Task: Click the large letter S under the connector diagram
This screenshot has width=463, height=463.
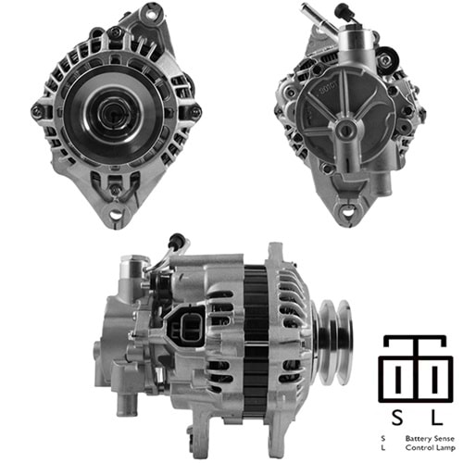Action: [x=397, y=418]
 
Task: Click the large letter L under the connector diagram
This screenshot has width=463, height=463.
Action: [x=436, y=418]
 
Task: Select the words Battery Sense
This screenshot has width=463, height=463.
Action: [x=430, y=439]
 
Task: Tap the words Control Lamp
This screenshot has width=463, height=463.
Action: [x=431, y=448]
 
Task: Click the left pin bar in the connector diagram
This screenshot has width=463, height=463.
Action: [x=399, y=380]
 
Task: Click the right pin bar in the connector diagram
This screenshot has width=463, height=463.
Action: [x=435, y=380]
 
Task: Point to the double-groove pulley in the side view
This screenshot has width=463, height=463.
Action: [x=334, y=342]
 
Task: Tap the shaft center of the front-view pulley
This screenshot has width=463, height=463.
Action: [x=113, y=114]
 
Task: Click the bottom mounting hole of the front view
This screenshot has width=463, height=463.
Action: [x=116, y=214]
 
